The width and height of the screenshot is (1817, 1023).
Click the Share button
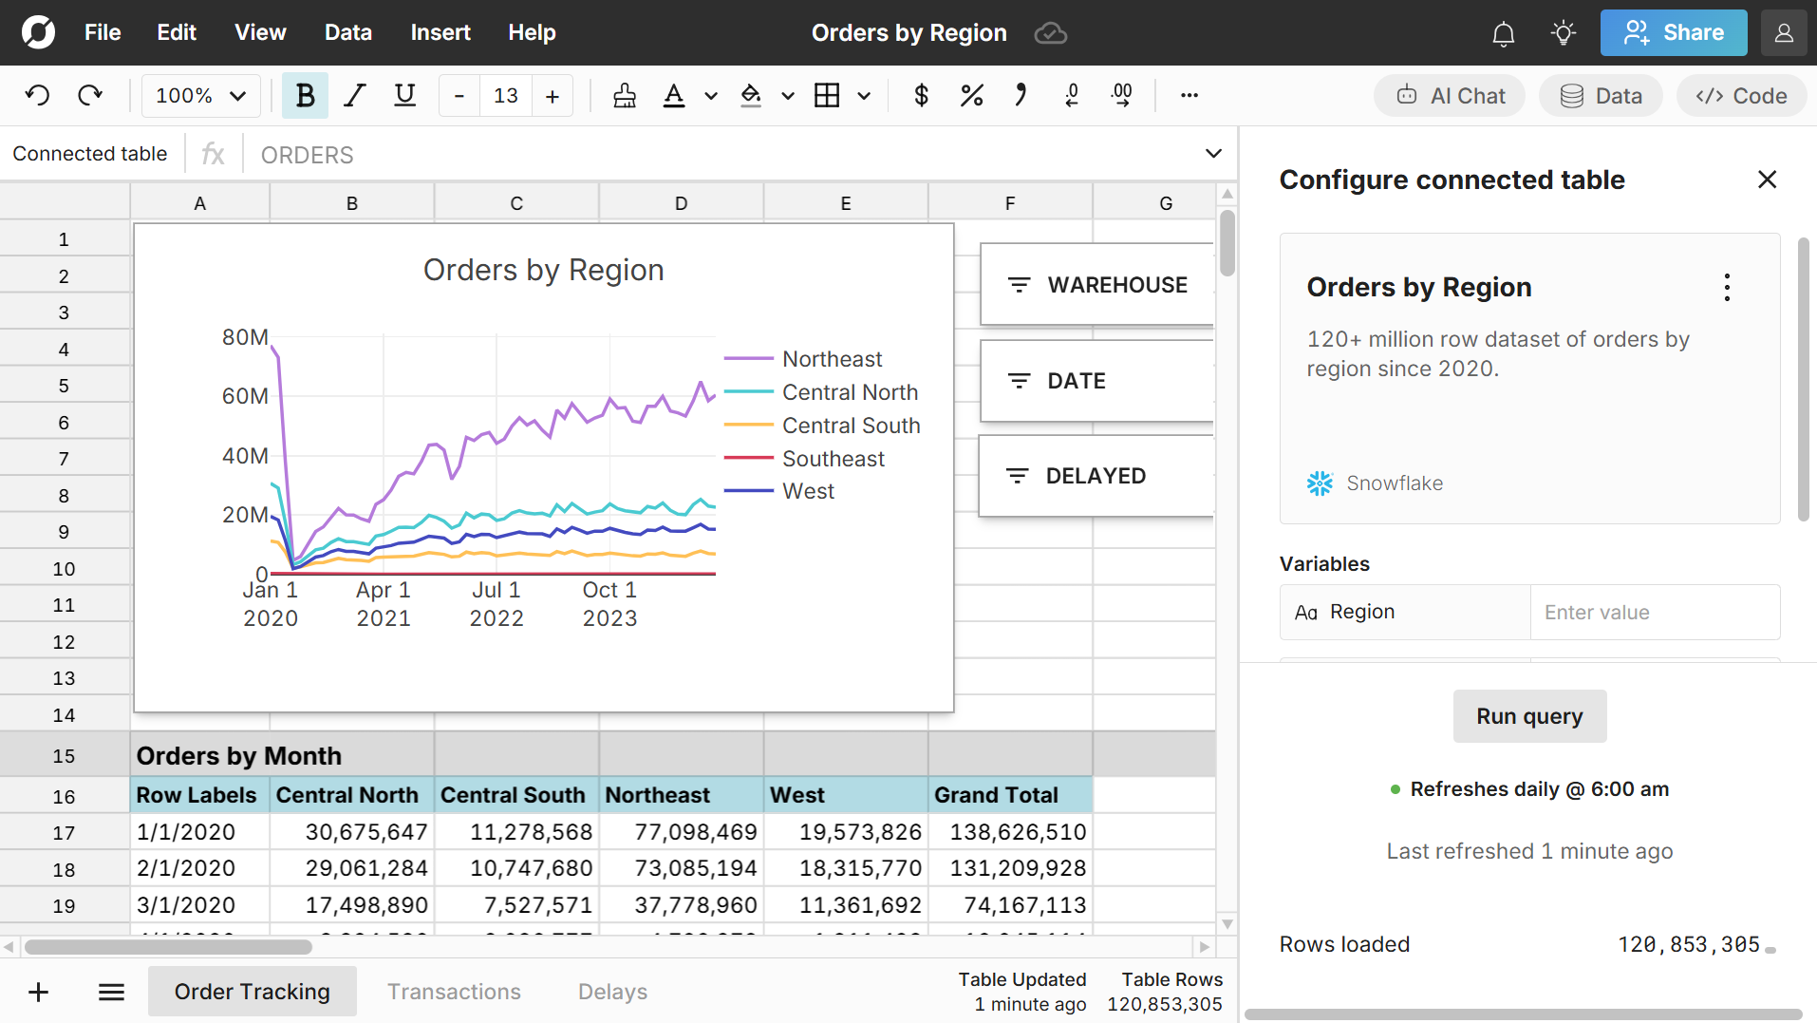tap(1673, 33)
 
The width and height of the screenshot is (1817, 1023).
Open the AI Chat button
tap(1450, 96)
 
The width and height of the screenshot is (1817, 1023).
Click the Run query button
tap(1529, 716)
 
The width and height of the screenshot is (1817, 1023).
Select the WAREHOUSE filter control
tap(1097, 285)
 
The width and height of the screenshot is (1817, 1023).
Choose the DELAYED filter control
tap(1096, 476)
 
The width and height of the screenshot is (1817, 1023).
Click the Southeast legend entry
tap(833, 459)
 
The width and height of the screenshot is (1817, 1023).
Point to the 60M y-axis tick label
tap(245, 396)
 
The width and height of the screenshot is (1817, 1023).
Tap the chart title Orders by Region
tap(543, 271)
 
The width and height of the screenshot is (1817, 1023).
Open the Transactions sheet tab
tap(454, 992)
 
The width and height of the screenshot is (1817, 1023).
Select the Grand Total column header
tap(996, 795)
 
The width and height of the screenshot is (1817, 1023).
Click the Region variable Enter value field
tap(1654, 613)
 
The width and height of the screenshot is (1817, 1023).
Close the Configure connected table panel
tap(1767, 180)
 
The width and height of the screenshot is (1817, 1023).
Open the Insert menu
tap(440, 33)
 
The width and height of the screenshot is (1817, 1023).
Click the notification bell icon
tap(1503, 34)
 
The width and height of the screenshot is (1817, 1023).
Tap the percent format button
tap(971, 96)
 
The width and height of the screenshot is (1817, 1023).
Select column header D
tap(681, 203)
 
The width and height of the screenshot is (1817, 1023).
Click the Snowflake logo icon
tap(1320, 483)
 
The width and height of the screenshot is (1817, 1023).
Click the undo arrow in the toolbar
tap(38, 96)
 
